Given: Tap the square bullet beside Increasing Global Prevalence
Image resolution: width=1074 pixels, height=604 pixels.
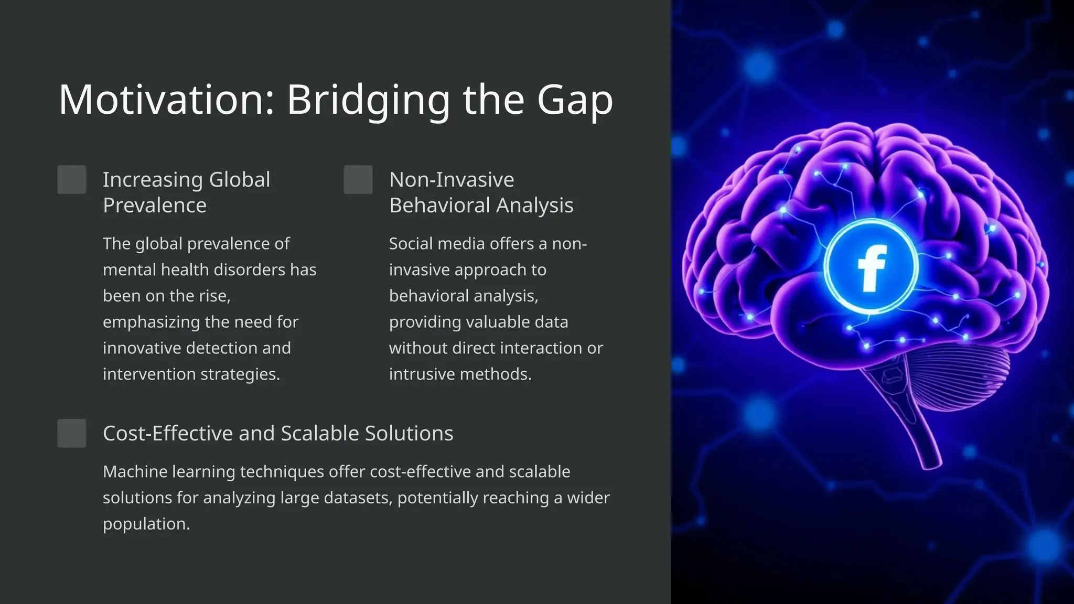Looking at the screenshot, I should click(x=72, y=180).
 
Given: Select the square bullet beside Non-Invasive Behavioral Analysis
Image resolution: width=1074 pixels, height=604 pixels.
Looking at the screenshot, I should click(x=358, y=180).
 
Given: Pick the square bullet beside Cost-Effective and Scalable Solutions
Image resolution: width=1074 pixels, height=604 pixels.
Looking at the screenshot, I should click(x=72, y=433).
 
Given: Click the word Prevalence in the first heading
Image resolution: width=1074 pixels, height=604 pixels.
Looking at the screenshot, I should click(x=155, y=206).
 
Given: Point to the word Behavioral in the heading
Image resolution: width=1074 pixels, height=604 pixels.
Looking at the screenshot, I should click(x=439, y=206).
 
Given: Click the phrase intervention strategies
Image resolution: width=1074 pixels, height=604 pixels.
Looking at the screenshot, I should click(x=191, y=374).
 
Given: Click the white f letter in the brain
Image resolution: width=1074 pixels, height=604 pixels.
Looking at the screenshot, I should click(x=871, y=267).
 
